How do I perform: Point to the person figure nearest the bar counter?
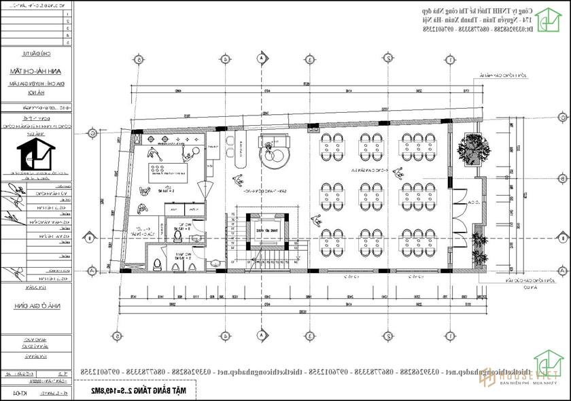pos(237,180)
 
